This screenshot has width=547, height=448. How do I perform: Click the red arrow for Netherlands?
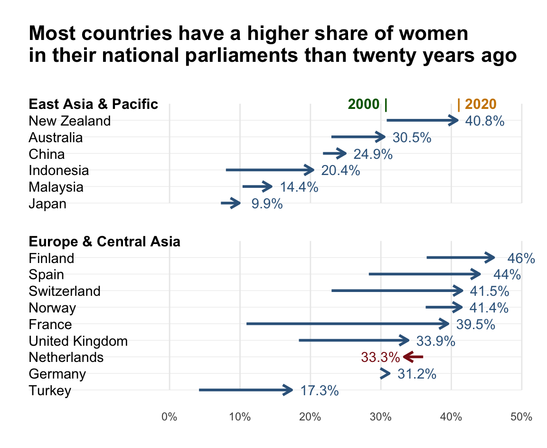point(413,357)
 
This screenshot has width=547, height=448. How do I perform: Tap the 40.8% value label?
point(484,121)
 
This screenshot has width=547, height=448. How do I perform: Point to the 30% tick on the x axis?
point(381,417)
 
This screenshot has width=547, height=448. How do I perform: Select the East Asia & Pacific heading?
point(94,104)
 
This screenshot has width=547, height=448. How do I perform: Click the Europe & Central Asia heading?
point(104,242)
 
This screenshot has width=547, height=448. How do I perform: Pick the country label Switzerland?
point(65,291)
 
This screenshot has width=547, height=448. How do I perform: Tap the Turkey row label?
point(50,391)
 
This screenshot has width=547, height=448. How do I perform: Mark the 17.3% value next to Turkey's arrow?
point(319,391)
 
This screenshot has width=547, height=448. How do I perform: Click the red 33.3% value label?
point(380,357)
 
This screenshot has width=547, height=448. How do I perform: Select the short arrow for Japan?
point(231,204)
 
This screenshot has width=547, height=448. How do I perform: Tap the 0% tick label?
point(170,417)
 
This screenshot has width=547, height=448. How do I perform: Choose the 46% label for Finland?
point(521,258)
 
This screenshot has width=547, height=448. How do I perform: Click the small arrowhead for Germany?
point(386,374)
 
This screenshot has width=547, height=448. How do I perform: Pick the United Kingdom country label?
point(78,341)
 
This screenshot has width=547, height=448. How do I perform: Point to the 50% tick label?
point(521,417)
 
